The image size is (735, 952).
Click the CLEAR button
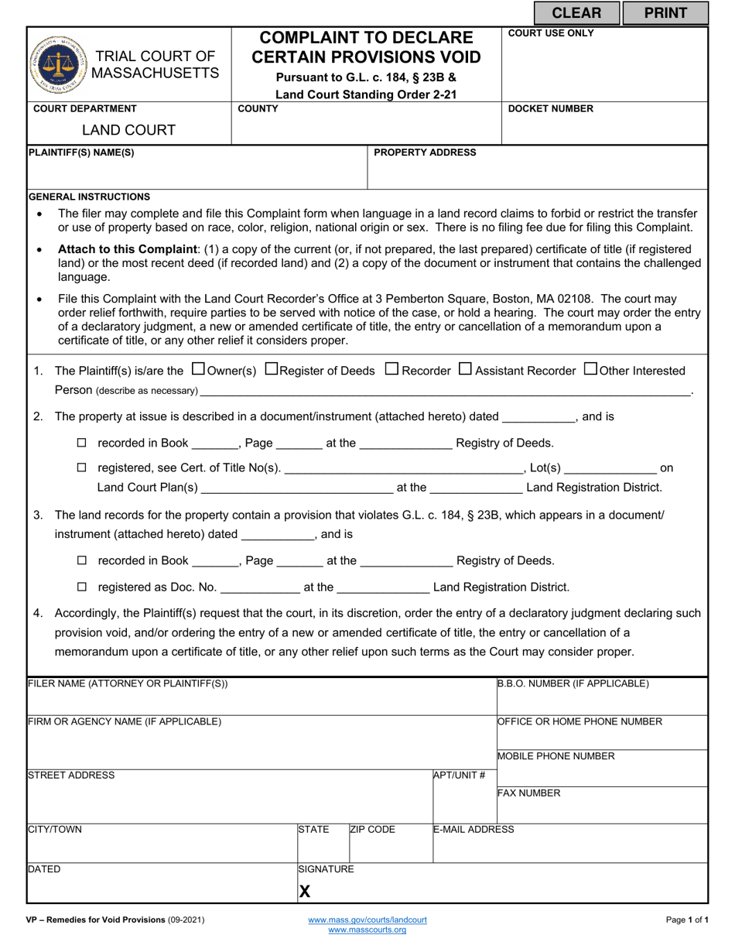click(x=576, y=12)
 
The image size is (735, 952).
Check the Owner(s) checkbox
click(x=197, y=369)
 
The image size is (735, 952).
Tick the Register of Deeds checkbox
click(x=271, y=369)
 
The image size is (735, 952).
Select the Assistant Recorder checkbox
click(x=465, y=369)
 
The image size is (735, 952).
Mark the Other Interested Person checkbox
click(x=590, y=369)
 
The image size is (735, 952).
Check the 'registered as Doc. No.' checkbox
click(x=83, y=587)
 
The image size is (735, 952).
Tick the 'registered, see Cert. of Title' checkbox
click(x=83, y=468)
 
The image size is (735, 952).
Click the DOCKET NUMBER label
click(x=550, y=109)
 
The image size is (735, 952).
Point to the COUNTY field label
click(x=258, y=109)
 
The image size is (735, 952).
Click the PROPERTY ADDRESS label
click(x=425, y=152)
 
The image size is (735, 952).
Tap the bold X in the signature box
click(x=305, y=892)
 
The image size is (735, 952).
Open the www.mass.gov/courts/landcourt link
click(x=367, y=919)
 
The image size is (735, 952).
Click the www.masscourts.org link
click(x=367, y=930)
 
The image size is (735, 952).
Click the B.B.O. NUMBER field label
click(x=573, y=683)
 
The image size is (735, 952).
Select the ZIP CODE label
click(x=372, y=830)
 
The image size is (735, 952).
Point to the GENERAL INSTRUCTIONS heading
click(x=89, y=197)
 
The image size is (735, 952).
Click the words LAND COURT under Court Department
click(x=129, y=130)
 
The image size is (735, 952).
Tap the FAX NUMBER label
click(x=528, y=793)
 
